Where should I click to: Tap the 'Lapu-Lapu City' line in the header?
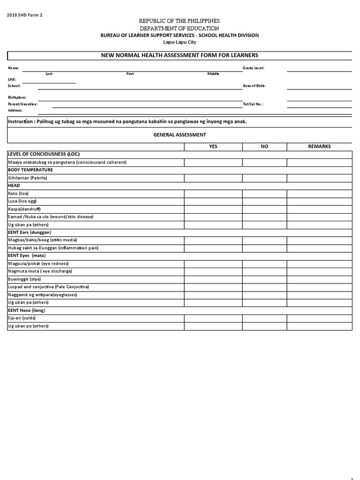(x=180, y=42)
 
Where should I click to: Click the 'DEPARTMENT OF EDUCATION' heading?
(x=180, y=29)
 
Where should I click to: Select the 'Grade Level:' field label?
(x=253, y=68)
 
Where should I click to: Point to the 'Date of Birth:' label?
(x=255, y=86)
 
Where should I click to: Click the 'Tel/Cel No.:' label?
(x=253, y=104)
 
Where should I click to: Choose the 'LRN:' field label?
(x=12, y=80)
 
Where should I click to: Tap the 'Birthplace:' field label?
(x=17, y=97)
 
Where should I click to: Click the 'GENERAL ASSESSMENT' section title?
(x=180, y=135)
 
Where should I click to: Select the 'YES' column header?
(x=213, y=146)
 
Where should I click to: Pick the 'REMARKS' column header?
(x=319, y=146)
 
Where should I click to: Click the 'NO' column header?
(x=264, y=146)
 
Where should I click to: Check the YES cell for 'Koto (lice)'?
(x=213, y=193)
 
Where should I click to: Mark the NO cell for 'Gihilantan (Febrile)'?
(x=264, y=178)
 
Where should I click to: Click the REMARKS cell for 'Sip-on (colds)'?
(x=319, y=318)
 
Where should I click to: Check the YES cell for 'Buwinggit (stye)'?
(x=213, y=279)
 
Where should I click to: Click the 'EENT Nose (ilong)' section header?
(x=27, y=310)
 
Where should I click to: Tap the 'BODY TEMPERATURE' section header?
(x=30, y=170)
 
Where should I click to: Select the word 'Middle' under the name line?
(x=213, y=74)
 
